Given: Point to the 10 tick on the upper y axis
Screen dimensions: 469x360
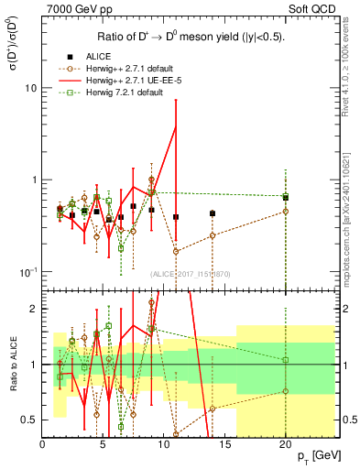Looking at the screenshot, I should (x=29, y=88).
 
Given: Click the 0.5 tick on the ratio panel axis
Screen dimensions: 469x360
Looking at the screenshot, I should (x=28, y=420).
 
